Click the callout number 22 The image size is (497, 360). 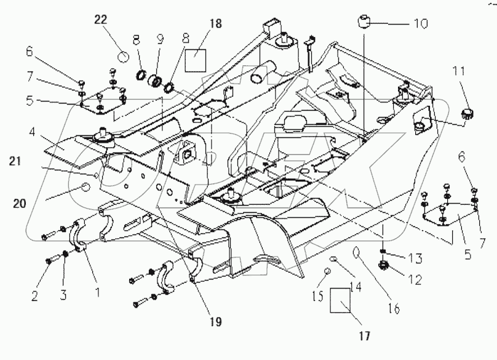coord(101,20)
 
